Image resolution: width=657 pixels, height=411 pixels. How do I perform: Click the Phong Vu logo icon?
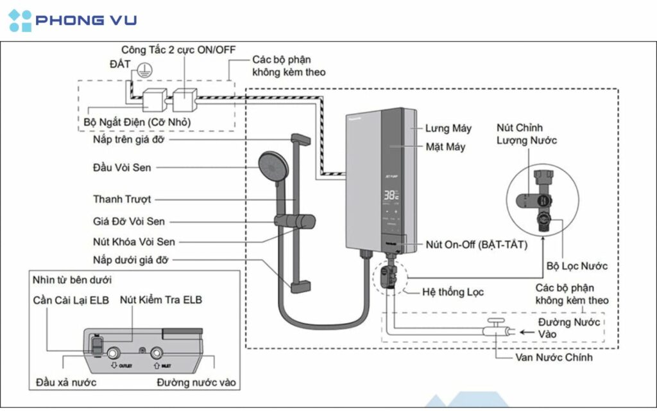click(x=20, y=21)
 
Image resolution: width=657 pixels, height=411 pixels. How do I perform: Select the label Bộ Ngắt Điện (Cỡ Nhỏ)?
click(x=137, y=121)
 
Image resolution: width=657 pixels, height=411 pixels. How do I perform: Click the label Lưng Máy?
click(x=448, y=128)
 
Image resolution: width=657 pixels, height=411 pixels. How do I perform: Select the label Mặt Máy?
click(x=445, y=147)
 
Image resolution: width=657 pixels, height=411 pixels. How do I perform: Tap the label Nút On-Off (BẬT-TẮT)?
click(x=477, y=245)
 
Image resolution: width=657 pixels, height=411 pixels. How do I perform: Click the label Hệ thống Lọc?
click(x=453, y=292)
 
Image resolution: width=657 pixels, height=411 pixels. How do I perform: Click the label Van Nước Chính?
click(x=554, y=358)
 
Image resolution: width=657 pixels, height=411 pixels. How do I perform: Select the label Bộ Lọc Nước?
click(x=577, y=266)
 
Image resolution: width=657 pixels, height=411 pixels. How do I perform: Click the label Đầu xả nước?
click(x=66, y=383)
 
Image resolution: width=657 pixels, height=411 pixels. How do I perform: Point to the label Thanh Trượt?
click(x=122, y=199)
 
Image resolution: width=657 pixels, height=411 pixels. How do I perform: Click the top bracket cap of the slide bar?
click(x=301, y=138)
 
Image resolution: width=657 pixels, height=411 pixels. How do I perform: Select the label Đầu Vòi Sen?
click(x=122, y=168)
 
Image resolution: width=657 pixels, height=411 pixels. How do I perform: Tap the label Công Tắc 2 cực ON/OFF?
click(x=173, y=49)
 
